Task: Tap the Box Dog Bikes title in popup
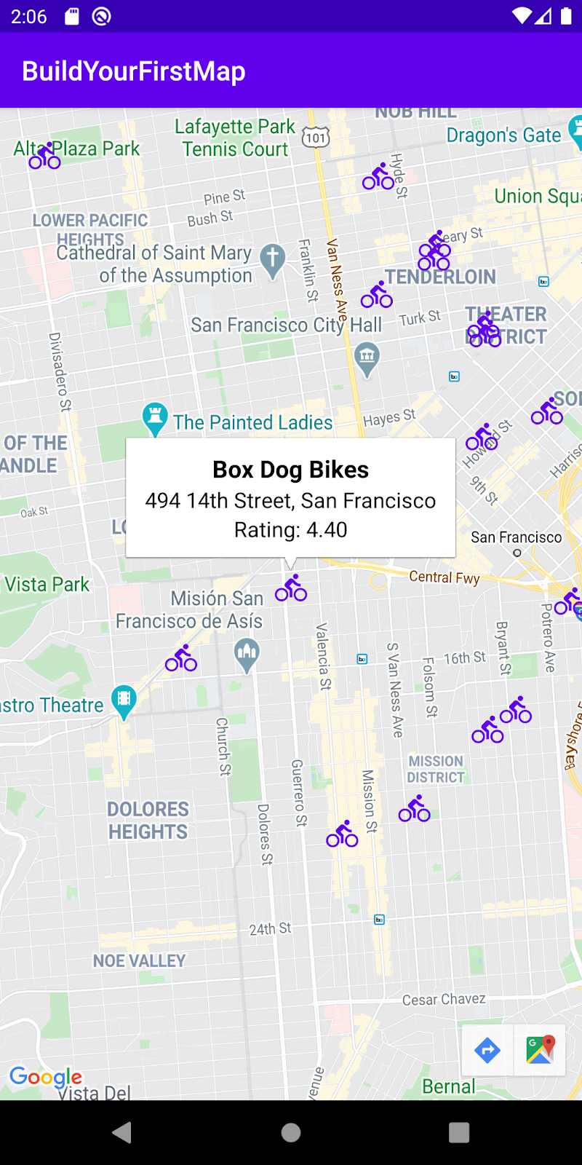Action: tap(290, 470)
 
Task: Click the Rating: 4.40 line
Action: tap(290, 530)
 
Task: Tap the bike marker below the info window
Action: tap(291, 588)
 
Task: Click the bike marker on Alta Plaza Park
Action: tap(44, 156)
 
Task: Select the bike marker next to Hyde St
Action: tap(378, 177)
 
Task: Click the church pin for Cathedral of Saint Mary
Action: tap(273, 258)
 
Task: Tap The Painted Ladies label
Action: tap(252, 422)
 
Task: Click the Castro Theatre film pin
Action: tap(124, 700)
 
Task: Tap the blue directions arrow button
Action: tap(487, 1050)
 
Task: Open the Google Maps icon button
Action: tap(540, 1050)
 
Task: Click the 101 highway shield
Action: tap(315, 137)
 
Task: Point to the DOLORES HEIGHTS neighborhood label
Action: tap(148, 821)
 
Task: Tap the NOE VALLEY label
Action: tap(139, 961)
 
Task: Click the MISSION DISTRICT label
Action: tap(436, 769)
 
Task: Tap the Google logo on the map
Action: tap(45, 1077)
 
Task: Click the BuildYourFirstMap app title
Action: tap(134, 71)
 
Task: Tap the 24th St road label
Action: tap(270, 929)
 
